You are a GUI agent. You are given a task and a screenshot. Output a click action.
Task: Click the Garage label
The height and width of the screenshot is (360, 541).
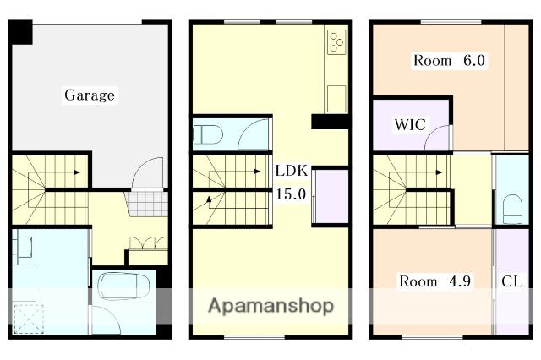(x=90, y=95)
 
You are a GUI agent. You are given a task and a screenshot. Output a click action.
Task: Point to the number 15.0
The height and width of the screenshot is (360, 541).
(x=290, y=194)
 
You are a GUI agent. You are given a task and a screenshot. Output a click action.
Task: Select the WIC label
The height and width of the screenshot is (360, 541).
(x=409, y=125)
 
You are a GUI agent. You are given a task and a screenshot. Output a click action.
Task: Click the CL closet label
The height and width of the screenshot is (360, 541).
(x=511, y=281)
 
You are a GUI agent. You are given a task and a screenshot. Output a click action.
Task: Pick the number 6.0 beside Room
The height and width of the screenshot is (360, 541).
(x=473, y=61)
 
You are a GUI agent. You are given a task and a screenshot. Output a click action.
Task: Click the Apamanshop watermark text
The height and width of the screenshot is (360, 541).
(x=270, y=305)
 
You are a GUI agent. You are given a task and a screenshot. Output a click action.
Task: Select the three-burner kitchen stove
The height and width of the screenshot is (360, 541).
(x=336, y=42)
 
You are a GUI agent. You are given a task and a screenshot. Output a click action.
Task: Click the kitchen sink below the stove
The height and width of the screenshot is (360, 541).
(x=336, y=96)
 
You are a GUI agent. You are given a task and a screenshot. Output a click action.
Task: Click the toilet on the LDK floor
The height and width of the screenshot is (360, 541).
(x=207, y=134)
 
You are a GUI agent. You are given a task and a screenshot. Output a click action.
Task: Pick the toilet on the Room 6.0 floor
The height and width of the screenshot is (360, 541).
(x=511, y=208)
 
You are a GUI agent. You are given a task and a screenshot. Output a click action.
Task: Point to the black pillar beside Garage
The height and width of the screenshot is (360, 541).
(x=21, y=33)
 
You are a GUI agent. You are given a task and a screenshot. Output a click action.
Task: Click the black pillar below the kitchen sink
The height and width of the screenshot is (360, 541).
(x=331, y=122)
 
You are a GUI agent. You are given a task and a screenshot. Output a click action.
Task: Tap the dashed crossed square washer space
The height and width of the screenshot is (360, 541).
(x=29, y=317)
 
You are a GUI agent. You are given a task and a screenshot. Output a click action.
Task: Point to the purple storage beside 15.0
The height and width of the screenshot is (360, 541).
(x=331, y=197)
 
